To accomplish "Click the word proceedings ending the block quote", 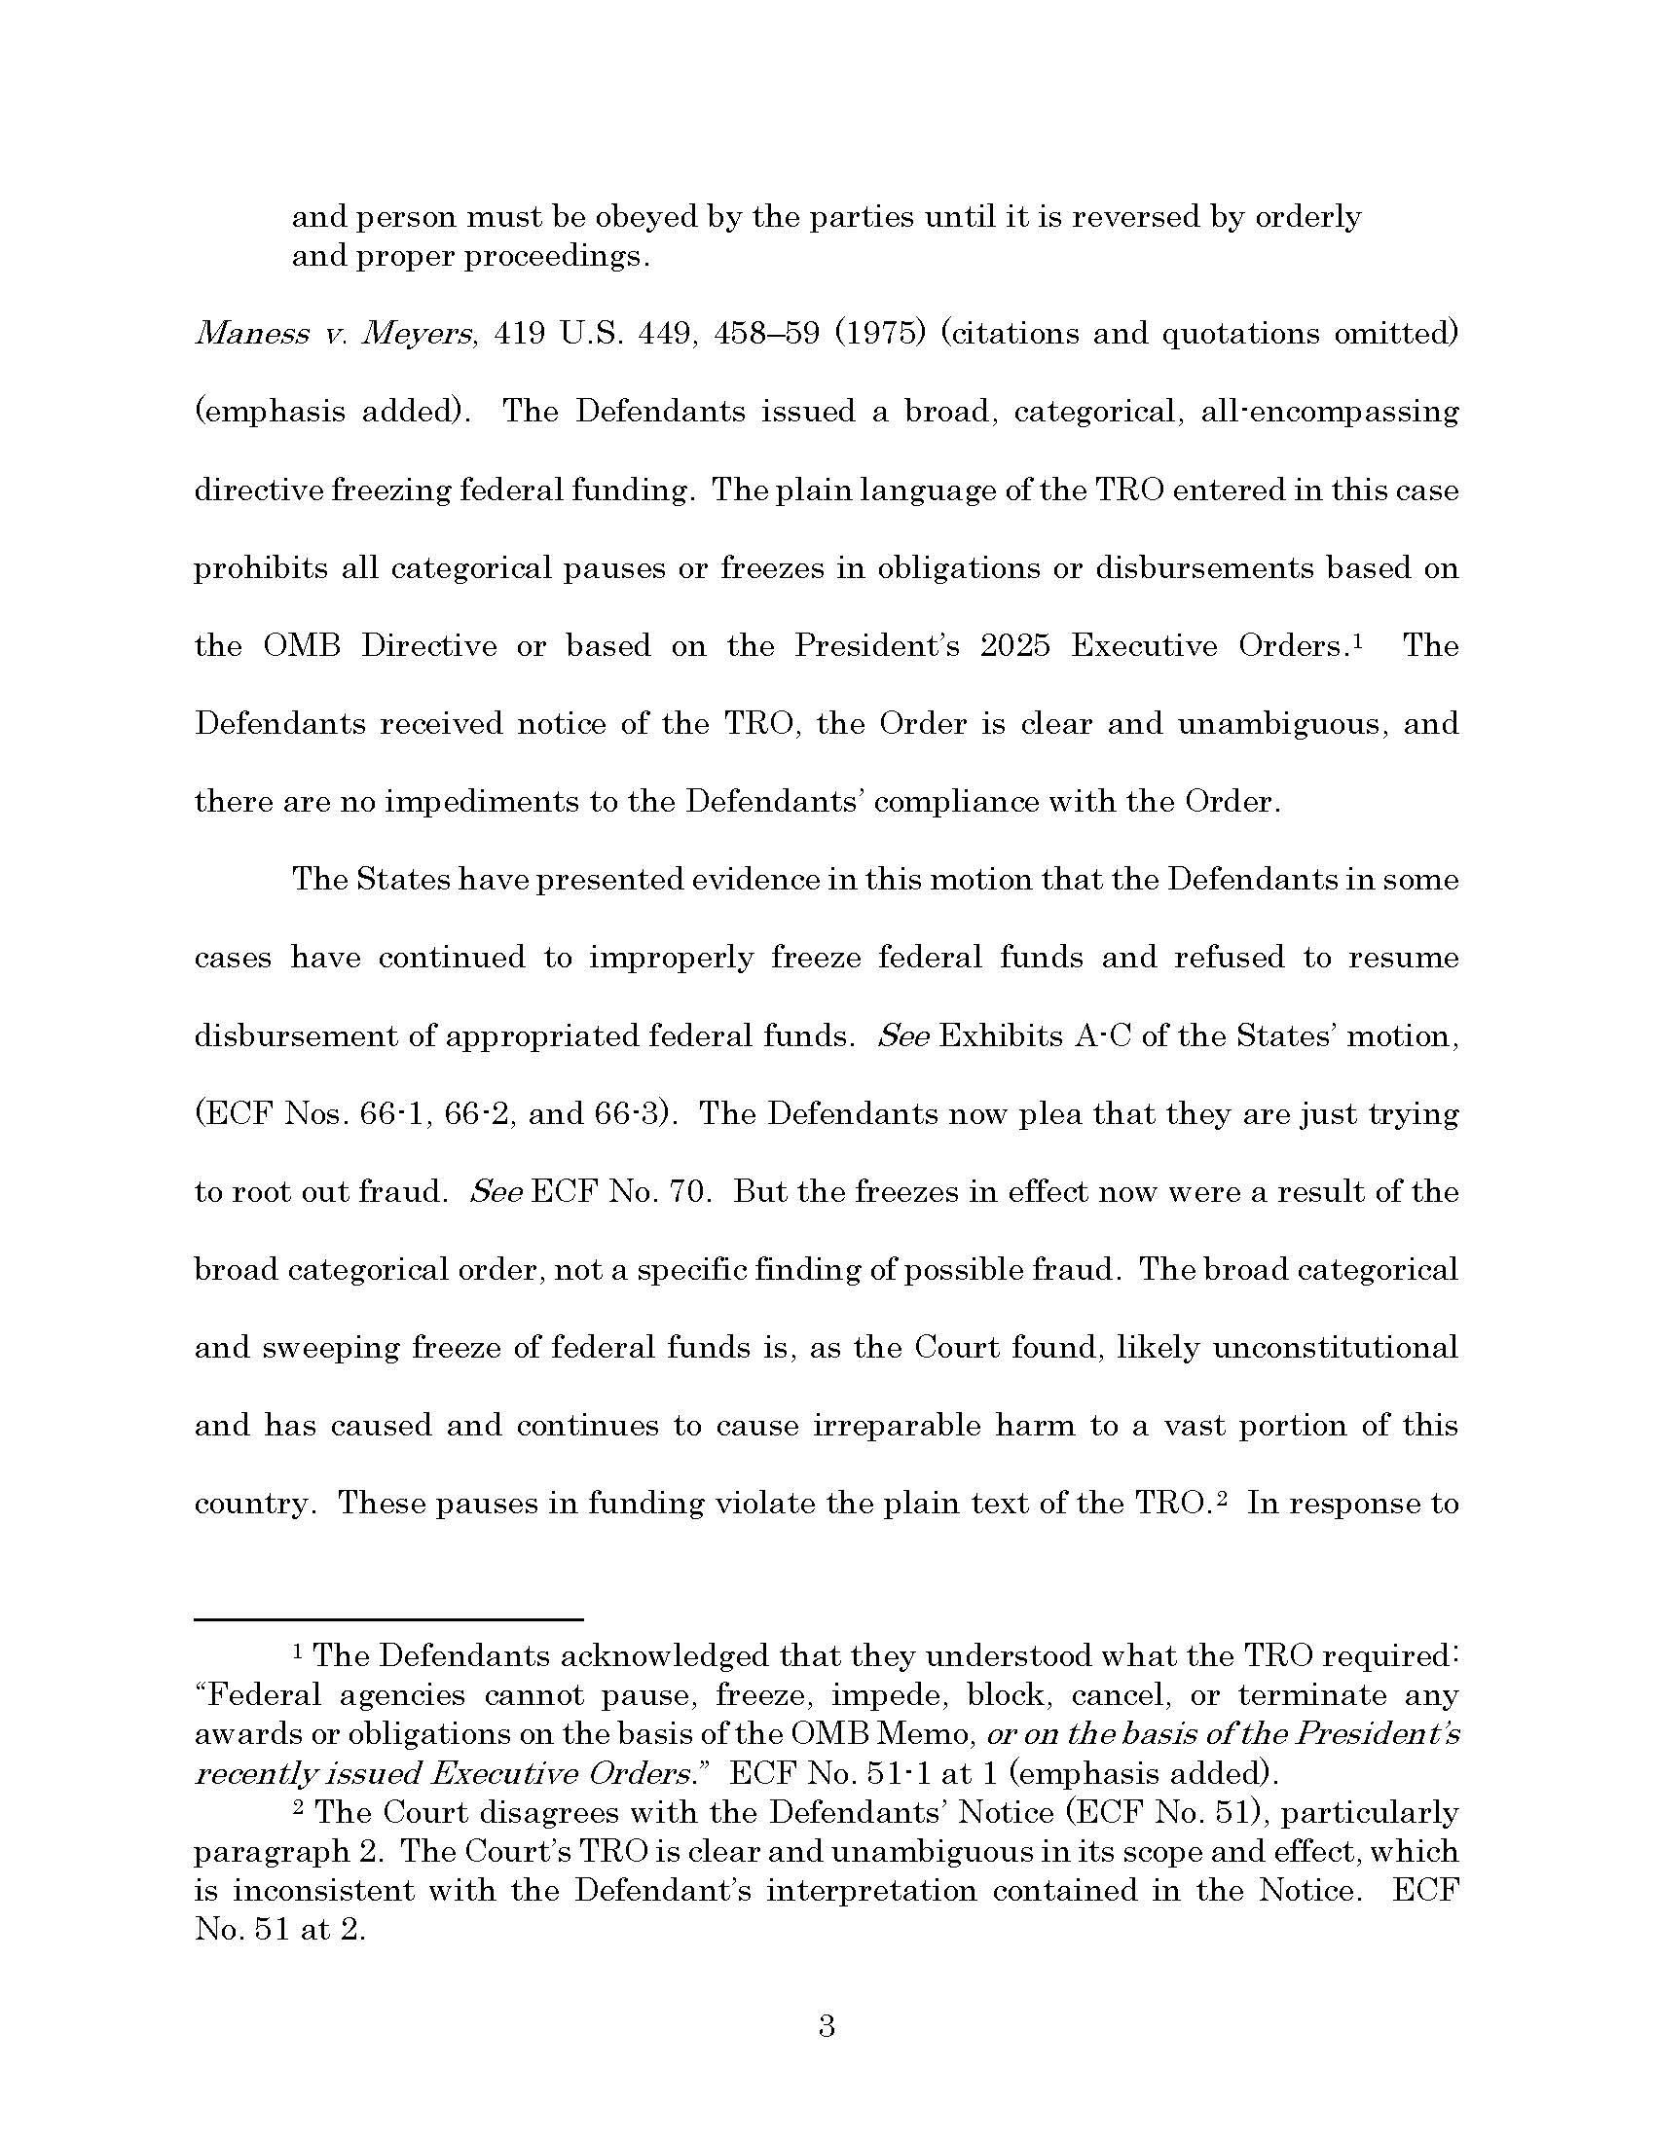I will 556,257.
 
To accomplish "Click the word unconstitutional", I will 1336,1348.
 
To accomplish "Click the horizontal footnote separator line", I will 388,1618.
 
